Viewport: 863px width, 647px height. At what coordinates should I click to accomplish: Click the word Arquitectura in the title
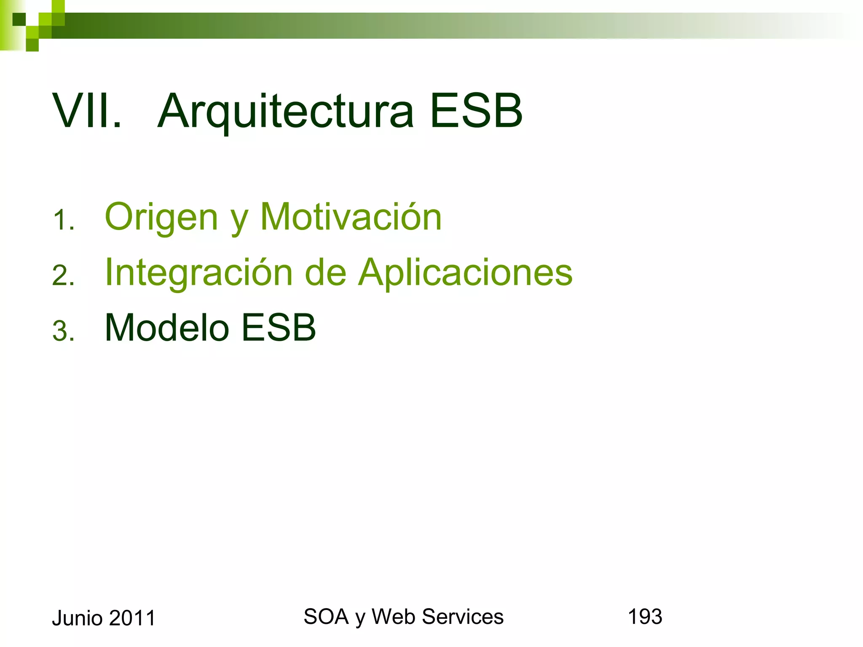[x=287, y=112]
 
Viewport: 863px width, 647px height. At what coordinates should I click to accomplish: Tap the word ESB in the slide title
[x=476, y=111]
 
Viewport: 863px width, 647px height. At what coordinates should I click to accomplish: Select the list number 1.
[x=64, y=220]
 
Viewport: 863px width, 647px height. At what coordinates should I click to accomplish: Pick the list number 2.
[x=64, y=275]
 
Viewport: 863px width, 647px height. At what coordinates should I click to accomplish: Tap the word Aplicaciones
[x=465, y=273]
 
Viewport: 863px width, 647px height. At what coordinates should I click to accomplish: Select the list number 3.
[x=64, y=331]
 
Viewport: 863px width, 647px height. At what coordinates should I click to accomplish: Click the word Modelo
[x=166, y=328]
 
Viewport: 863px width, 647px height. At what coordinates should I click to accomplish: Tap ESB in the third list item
[x=279, y=328]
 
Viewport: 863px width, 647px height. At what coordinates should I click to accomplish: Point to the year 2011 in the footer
[x=132, y=618]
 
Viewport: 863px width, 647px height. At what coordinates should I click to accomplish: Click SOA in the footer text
[x=326, y=617]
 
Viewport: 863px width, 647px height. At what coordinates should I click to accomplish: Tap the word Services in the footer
[x=462, y=617]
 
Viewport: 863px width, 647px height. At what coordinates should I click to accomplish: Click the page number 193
[x=645, y=617]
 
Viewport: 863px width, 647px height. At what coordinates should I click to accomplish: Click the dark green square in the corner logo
[x=19, y=19]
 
